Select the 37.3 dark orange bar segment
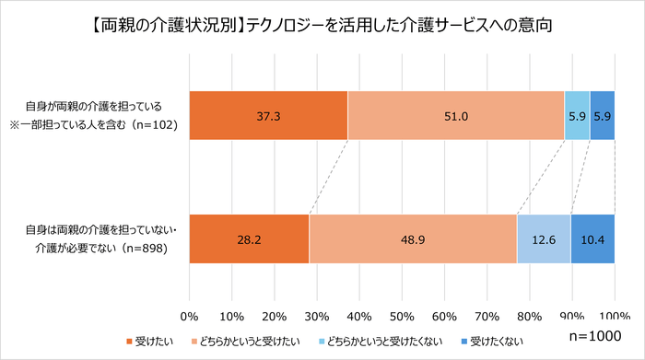268,116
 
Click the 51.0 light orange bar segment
456,116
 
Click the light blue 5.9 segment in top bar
577,116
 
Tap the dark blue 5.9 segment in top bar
602,116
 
